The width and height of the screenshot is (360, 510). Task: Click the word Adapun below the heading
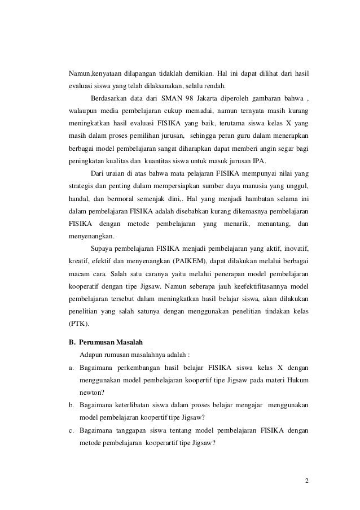click(x=92, y=355)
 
